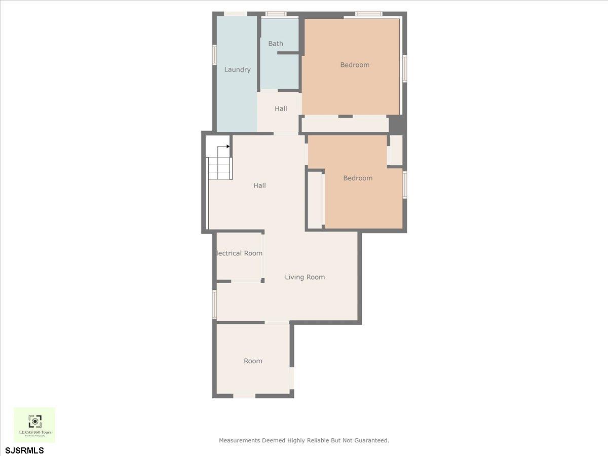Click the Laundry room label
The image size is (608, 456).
[x=237, y=69]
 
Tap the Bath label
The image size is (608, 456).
[x=276, y=44]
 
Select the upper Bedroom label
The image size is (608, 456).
[x=355, y=65]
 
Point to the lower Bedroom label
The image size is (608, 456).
[x=358, y=178]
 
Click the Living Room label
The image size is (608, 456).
[x=305, y=277]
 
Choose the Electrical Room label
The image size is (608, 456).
[x=239, y=253]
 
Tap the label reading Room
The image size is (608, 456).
[x=253, y=361]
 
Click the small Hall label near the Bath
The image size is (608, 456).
[x=281, y=108]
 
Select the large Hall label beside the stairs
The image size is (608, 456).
[x=259, y=185]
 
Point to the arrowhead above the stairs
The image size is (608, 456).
[x=228, y=146]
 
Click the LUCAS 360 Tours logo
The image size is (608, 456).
[x=34, y=425]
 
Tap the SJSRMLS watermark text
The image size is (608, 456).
[x=24, y=450]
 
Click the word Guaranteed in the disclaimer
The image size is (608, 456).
[x=371, y=440]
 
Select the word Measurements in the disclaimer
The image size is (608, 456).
[x=240, y=440]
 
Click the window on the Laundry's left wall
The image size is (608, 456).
[x=214, y=55]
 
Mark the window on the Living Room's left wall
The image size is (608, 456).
[x=214, y=305]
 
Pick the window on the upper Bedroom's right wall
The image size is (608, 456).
[x=404, y=68]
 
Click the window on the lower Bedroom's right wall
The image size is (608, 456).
[x=404, y=184]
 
